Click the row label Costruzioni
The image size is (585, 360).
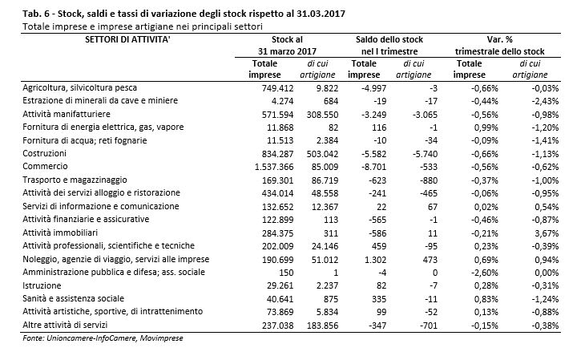coord(44,153)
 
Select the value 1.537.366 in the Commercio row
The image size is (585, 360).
coord(274,167)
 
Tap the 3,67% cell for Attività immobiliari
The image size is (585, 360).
coord(547,233)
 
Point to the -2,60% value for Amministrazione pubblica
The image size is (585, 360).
coord(484,273)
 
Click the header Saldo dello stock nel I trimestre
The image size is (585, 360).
coord(389,46)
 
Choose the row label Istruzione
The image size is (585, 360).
coord(42,285)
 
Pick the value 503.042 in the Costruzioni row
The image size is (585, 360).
coord(322,154)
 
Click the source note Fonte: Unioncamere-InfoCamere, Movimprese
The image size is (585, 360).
coord(103,338)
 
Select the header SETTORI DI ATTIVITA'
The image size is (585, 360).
coord(127,39)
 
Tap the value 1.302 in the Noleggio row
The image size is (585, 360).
coord(375,260)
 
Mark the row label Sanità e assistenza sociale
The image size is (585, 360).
coord(73,299)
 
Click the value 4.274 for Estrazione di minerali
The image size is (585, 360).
coord(280,101)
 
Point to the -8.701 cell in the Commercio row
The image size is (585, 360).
coord(373,167)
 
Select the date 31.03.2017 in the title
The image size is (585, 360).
coord(321,14)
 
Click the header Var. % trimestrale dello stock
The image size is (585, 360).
coord(499,46)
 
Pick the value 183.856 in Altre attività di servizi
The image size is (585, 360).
coord(322,326)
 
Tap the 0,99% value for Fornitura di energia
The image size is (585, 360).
coord(486,127)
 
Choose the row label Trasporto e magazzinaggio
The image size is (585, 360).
coord(75,180)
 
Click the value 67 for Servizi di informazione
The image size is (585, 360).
coord(433,207)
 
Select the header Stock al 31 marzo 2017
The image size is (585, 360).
coord(287,46)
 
